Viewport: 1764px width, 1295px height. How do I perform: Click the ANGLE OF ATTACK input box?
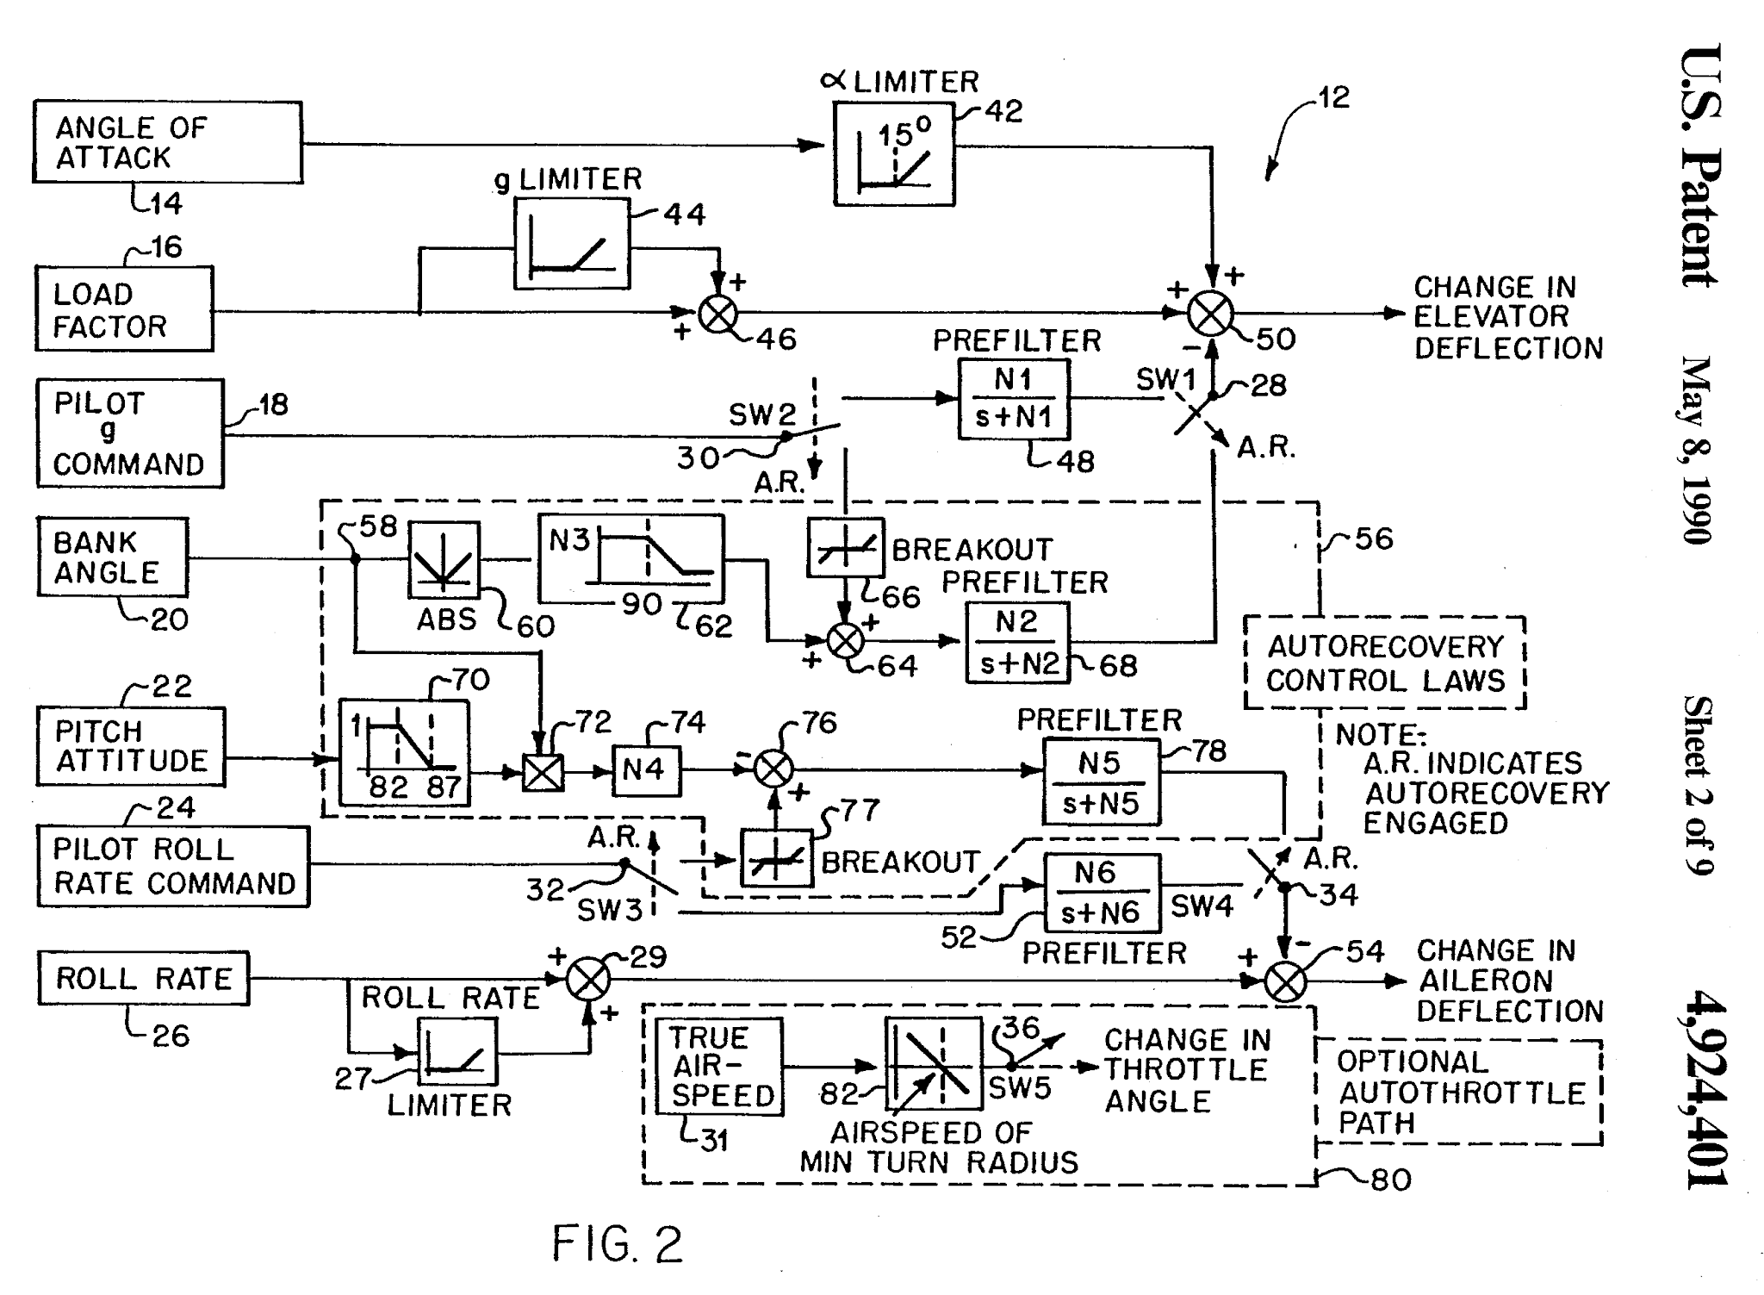point(168,142)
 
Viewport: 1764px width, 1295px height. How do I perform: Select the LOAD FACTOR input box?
point(124,308)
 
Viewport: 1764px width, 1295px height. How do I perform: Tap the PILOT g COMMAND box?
point(130,433)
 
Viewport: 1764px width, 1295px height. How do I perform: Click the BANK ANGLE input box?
point(113,557)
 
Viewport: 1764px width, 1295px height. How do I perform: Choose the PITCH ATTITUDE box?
point(131,746)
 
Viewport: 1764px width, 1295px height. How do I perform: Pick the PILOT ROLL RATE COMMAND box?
point(173,866)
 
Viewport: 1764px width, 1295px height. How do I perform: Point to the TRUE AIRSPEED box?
point(719,1067)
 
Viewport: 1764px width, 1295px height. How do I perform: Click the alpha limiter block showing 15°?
point(894,154)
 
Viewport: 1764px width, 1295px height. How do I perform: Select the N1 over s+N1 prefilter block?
point(1014,399)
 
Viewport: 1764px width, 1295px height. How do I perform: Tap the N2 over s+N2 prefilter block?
point(1017,643)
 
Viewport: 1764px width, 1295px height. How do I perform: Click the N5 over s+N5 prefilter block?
point(1101,782)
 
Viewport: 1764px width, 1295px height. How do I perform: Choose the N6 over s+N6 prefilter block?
point(1102,893)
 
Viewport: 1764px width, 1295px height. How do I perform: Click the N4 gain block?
point(646,769)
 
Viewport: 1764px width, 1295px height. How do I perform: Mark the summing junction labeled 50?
point(1210,314)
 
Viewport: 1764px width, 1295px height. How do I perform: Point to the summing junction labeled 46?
point(717,314)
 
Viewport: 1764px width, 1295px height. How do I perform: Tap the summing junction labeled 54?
point(1285,981)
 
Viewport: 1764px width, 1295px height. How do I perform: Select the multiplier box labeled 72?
point(543,772)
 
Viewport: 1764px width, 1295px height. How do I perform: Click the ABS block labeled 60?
point(444,560)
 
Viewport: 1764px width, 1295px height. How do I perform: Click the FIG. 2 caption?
point(617,1245)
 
